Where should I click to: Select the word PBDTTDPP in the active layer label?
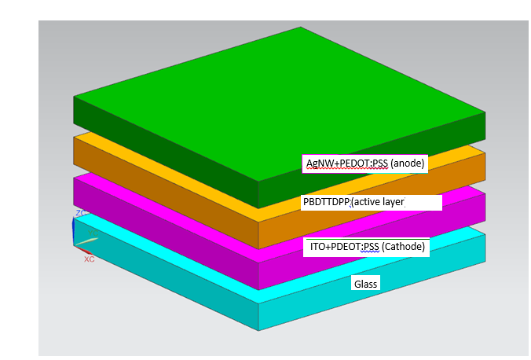[x=325, y=202]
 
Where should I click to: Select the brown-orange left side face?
[x=157, y=185]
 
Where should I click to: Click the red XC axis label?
[x=89, y=259]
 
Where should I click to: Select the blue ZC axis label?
[x=79, y=213]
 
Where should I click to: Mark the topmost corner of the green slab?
[x=301, y=28]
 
